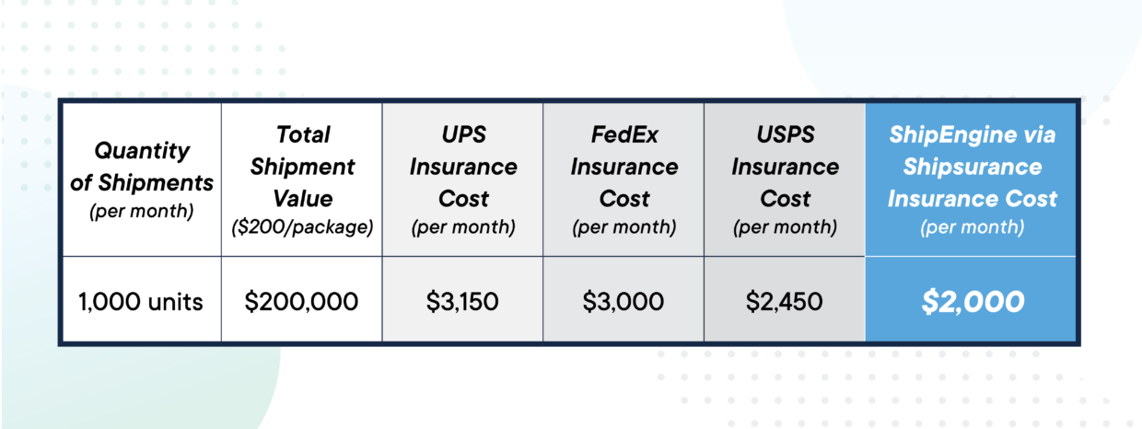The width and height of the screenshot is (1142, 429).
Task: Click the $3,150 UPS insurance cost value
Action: pyautogui.click(x=462, y=301)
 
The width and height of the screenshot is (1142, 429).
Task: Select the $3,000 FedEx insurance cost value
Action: pyautogui.click(x=623, y=301)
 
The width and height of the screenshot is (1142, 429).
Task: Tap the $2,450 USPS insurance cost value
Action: pyautogui.click(x=784, y=301)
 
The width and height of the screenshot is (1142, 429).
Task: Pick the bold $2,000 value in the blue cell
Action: pyautogui.click(x=973, y=301)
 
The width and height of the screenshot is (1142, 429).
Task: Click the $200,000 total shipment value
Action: pyautogui.click(x=301, y=301)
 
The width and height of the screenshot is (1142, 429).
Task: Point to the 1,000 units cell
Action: pyautogui.click(x=141, y=302)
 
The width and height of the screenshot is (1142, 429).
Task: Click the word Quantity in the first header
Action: pyautogui.click(x=142, y=151)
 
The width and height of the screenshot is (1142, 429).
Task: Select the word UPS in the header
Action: pyautogui.click(x=463, y=134)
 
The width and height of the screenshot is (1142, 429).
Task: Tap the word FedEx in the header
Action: pyautogui.click(x=624, y=134)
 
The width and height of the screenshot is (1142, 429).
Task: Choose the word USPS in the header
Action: pyautogui.click(x=786, y=134)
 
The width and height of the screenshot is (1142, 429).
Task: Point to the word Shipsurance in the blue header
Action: pyautogui.click(x=973, y=168)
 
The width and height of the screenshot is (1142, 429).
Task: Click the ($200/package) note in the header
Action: pyautogui.click(x=302, y=226)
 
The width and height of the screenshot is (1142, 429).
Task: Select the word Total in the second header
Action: pyautogui.click(x=303, y=134)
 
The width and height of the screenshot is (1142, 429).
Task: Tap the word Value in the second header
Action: pyautogui.click(x=303, y=198)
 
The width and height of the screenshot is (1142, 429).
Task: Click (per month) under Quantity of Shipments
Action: pyautogui.click(x=142, y=211)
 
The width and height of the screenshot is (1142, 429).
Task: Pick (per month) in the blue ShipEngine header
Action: pyautogui.click(x=973, y=226)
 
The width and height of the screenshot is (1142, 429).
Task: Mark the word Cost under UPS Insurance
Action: pyautogui.click(x=463, y=198)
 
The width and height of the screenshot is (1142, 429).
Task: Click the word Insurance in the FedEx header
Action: pyautogui.click(x=624, y=167)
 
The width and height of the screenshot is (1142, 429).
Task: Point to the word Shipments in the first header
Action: pyautogui.click(x=156, y=183)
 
